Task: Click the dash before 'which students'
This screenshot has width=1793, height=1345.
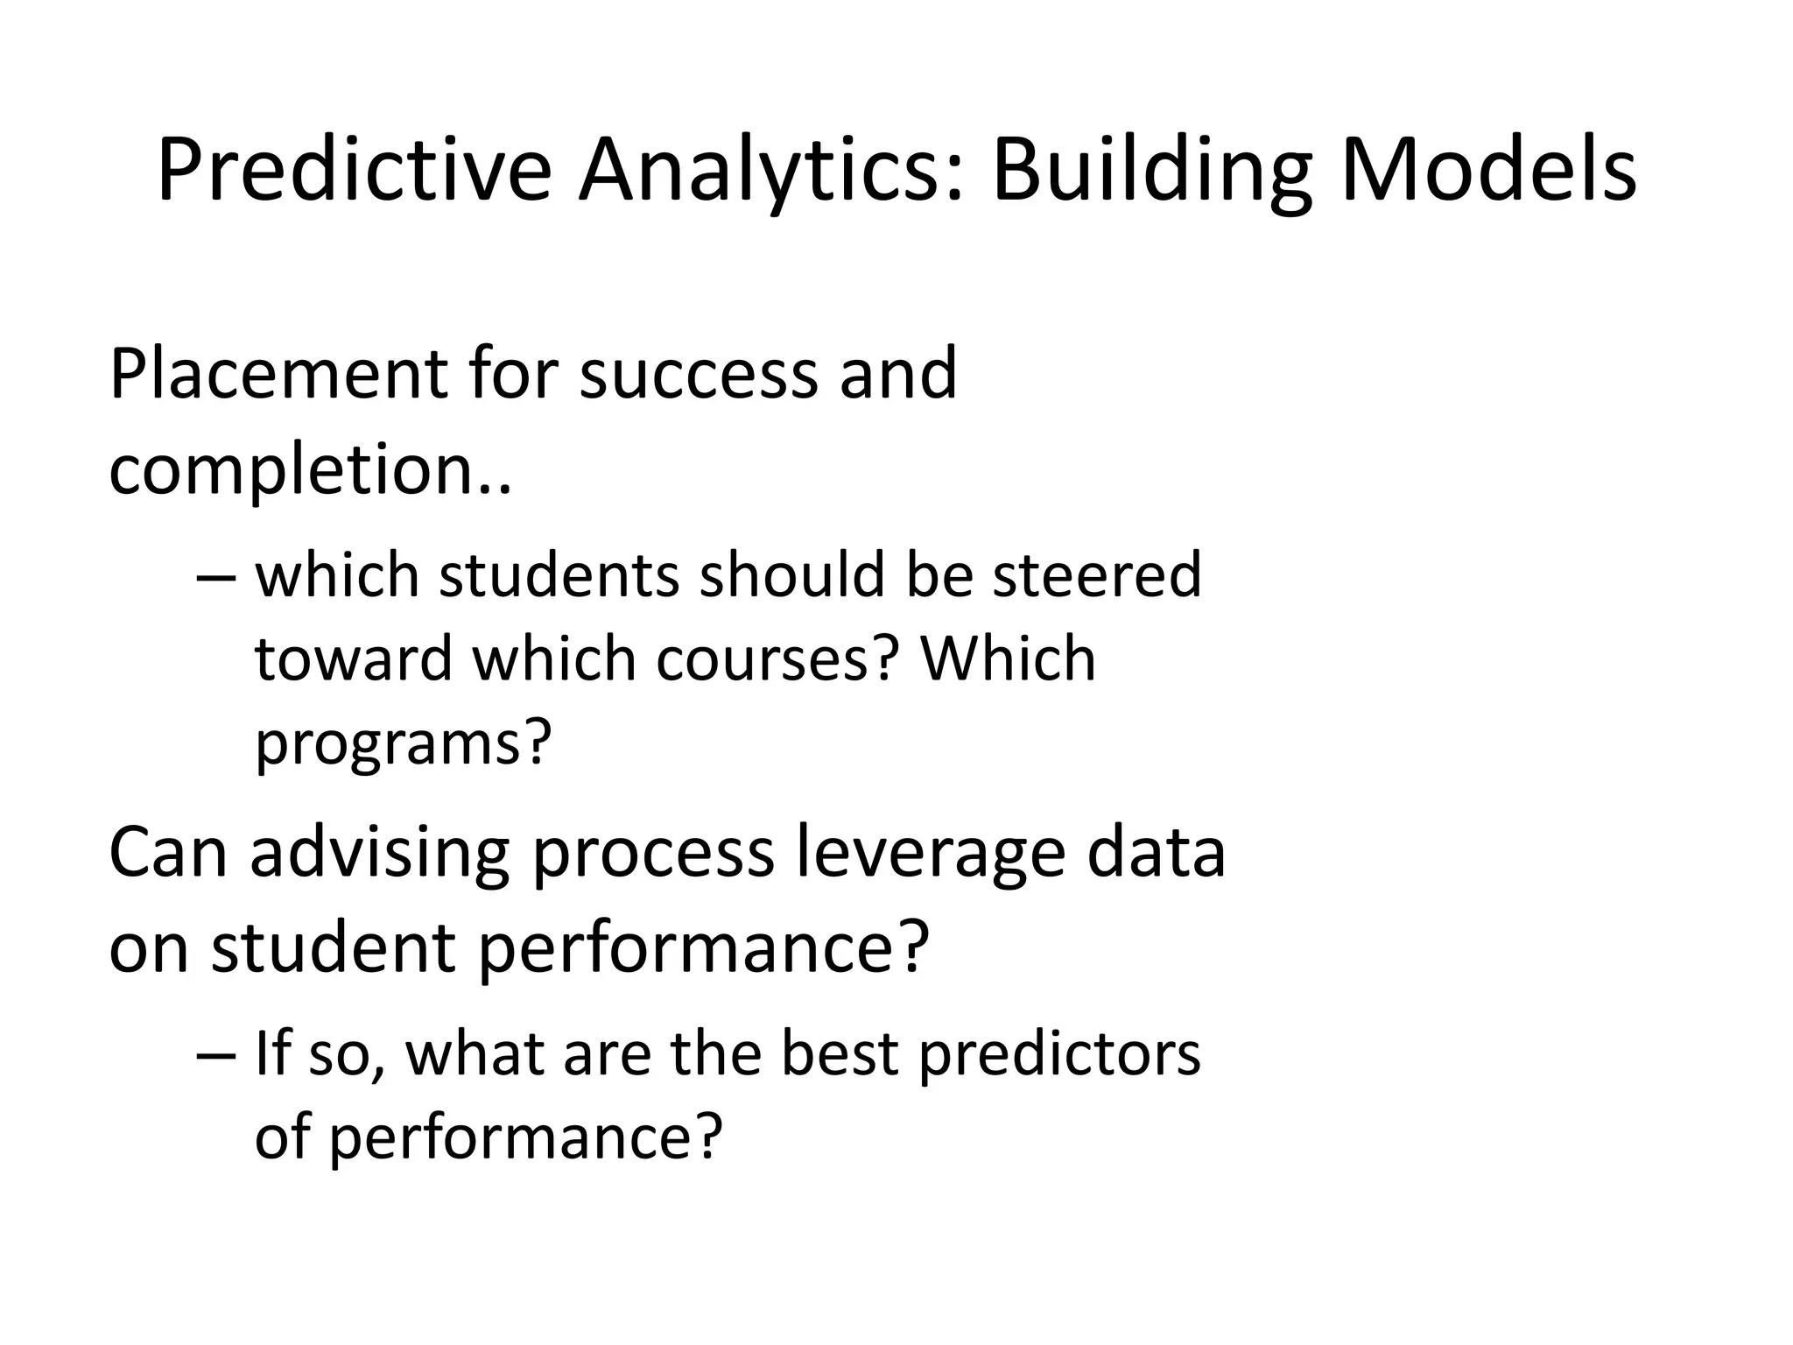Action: coord(215,577)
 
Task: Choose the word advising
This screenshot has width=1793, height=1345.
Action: coord(379,854)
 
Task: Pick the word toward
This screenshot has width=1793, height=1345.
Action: coord(355,659)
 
